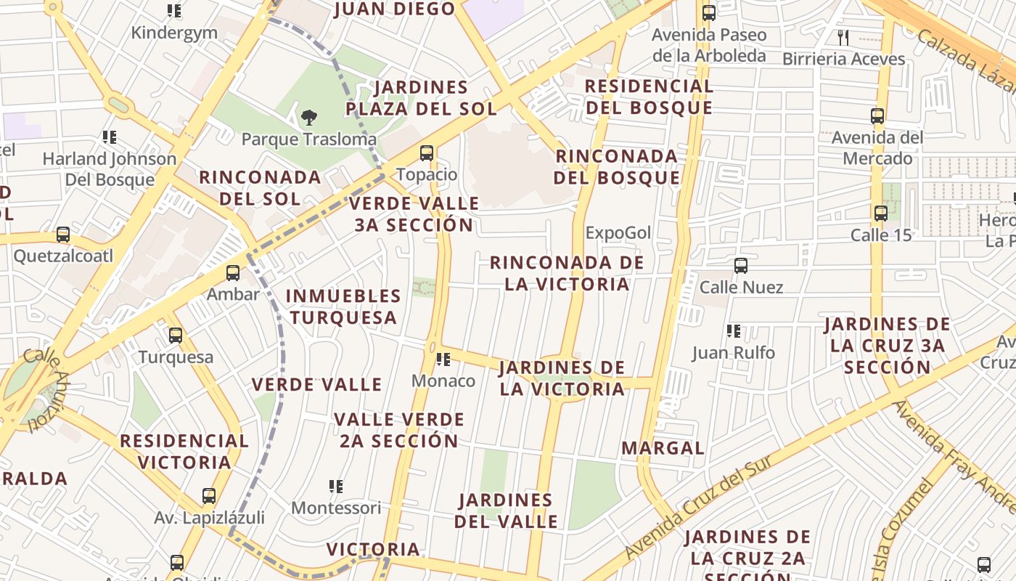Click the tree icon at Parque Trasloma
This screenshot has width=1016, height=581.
click(x=309, y=117)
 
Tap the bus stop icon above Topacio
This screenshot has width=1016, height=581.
click(x=427, y=153)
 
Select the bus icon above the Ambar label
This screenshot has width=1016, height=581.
click(x=233, y=273)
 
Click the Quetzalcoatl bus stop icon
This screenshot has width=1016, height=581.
click(x=63, y=235)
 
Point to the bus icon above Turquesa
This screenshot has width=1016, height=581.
click(x=176, y=336)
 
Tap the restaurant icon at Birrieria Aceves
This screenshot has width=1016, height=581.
click(x=843, y=37)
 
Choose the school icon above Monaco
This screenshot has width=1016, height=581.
click(x=443, y=359)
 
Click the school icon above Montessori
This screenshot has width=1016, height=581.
click(x=335, y=487)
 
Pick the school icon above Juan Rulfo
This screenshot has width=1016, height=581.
click(x=734, y=332)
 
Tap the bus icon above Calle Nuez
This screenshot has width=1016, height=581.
click(x=741, y=266)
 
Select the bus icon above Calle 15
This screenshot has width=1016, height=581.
click(x=881, y=214)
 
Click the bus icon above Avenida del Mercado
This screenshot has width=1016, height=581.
click(x=877, y=115)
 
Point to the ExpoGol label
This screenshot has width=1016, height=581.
click(x=618, y=233)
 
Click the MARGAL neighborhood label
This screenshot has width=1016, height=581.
click(x=663, y=448)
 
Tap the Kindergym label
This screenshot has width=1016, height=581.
click(x=174, y=33)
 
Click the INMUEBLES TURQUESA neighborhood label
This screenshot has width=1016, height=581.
click(x=343, y=306)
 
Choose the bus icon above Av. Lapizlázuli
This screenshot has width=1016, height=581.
click(x=209, y=496)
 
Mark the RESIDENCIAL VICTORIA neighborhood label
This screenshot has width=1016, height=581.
click(x=184, y=451)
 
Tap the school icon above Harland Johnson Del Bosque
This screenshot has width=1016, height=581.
click(x=110, y=137)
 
